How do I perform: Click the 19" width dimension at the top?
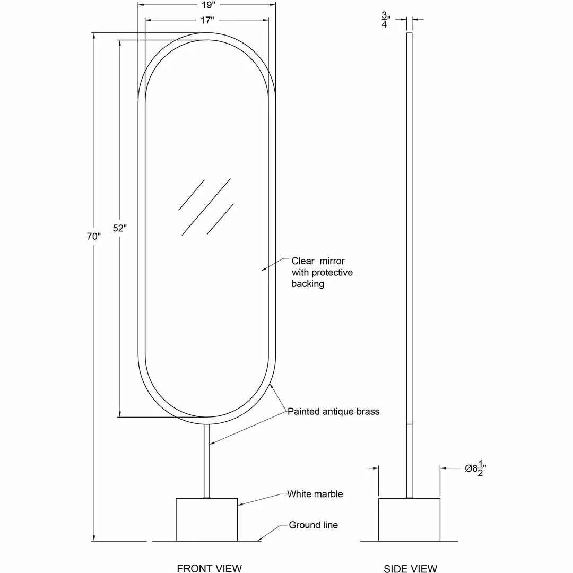207,5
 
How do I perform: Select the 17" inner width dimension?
207,20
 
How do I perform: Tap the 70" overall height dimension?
94,237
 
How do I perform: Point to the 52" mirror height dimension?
120,228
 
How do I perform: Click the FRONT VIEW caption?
209,568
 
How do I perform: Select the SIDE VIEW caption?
410,569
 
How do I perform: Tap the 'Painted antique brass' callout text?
333,411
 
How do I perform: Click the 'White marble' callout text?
315,494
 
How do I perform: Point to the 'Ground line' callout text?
313,525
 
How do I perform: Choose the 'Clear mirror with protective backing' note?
322,272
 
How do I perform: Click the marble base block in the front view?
206,519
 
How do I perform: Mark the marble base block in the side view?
409,519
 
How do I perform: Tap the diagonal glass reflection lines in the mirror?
206,207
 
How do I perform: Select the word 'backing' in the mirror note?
308,284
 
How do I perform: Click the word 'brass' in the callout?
367,411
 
